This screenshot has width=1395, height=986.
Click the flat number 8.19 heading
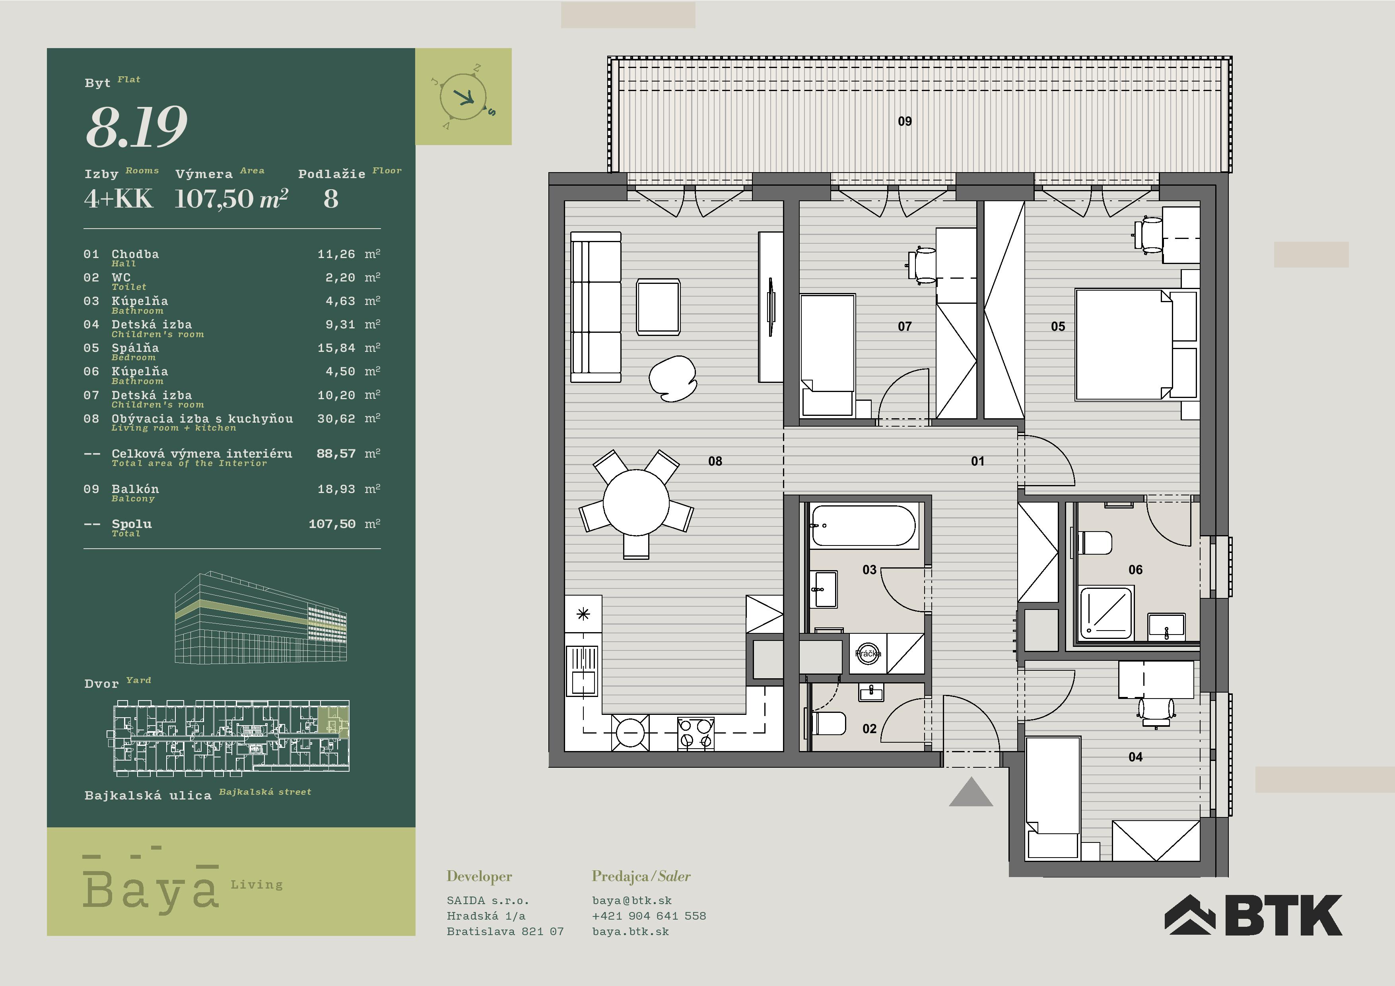(137, 126)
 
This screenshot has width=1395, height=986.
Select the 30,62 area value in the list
(336, 419)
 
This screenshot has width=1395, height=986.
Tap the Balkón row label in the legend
(135, 489)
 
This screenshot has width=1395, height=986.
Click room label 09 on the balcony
(905, 122)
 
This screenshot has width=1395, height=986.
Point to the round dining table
(636, 503)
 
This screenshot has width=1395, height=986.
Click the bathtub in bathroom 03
(863, 526)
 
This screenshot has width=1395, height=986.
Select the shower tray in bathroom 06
(1106, 613)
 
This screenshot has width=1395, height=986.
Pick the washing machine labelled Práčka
(868, 654)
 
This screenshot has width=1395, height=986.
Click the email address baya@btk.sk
(632, 901)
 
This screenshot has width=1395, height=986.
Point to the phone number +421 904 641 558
(649, 916)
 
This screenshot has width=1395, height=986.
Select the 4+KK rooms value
(119, 199)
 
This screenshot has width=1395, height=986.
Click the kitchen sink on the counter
(583, 671)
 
